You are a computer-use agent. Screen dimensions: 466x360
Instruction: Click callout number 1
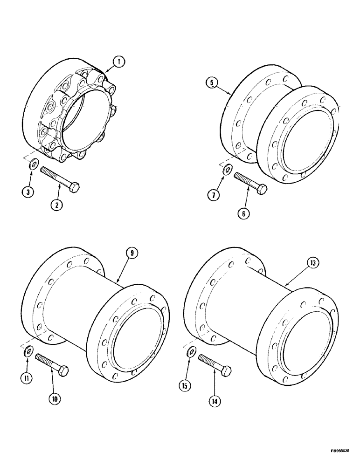(x=120, y=61)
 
